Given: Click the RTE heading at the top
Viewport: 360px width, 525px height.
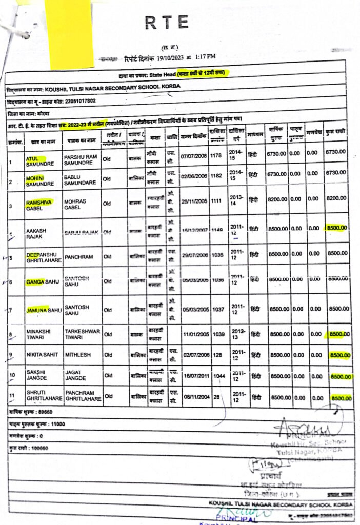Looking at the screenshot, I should (x=167, y=23).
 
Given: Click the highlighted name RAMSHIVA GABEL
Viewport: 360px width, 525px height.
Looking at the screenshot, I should (x=39, y=205).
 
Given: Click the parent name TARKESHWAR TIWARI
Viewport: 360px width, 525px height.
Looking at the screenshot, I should (x=82, y=334).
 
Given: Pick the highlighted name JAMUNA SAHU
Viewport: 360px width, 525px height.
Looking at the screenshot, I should (x=44, y=310).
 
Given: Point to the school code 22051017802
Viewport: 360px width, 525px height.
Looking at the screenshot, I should (x=72, y=100).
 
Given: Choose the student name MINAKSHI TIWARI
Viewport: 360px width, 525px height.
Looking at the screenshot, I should (x=38, y=334).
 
